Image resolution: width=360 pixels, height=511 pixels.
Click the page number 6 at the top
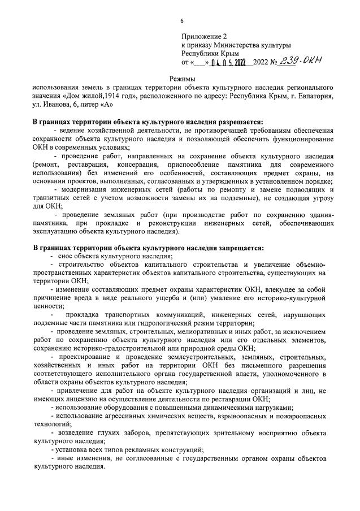click(x=181, y=21)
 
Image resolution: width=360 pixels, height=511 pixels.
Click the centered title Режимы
click(x=181, y=79)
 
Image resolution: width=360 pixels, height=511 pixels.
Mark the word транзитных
click(x=53, y=198)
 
